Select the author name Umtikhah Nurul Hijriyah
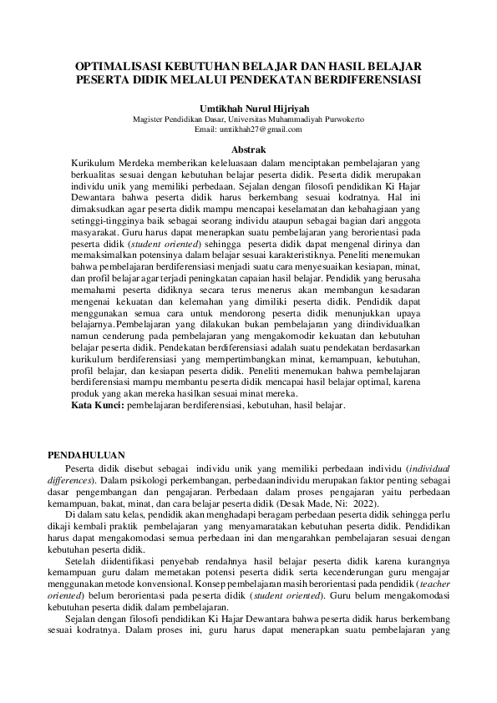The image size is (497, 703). pyautogui.click(x=248, y=108)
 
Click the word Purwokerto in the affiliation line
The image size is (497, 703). pyautogui.click(x=337, y=119)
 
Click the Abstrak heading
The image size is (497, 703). pyautogui.click(x=248, y=148)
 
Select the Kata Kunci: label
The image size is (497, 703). pyautogui.click(x=97, y=405)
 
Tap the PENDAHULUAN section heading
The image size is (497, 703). pyautogui.click(x=86, y=455)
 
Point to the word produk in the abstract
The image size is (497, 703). pyautogui.click(x=88, y=393)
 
